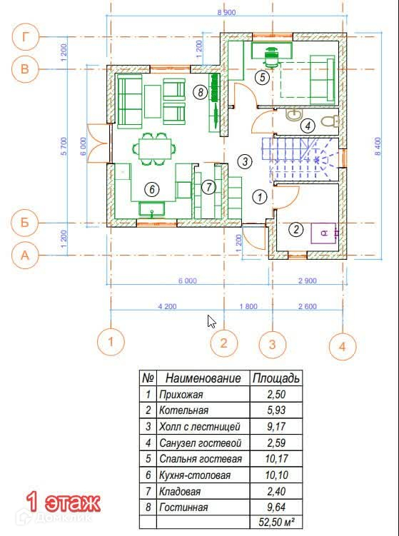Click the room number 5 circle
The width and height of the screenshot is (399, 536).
[x=262, y=77]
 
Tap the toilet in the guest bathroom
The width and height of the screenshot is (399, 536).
[x=330, y=121]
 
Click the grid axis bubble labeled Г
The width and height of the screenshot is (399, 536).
[x=25, y=36]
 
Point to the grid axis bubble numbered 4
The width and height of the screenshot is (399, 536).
[x=343, y=347]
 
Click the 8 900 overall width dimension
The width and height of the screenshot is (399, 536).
[x=226, y=13]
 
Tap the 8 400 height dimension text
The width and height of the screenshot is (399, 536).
[x=378, y=146]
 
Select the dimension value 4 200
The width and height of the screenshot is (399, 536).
[x=167, y=306]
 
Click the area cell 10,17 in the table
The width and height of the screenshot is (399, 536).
[x=276, y=459]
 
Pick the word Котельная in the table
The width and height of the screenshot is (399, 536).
[x=183, y=410]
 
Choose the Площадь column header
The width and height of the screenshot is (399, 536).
[x=276, y=378]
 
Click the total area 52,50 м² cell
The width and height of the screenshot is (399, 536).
[x=277, y=522]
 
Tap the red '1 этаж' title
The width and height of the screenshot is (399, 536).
[x=64, y=502]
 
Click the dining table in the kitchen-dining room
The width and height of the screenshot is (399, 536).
[x=155, y=148]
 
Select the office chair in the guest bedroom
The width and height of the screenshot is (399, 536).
[x=271, y=57]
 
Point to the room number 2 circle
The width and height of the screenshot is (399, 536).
[x=296, y=229]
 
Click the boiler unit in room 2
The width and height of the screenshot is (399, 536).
[x=323, y=233]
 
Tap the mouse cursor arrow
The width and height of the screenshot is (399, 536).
[x=212, y=322]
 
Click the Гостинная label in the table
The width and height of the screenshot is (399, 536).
[x=183, y=507]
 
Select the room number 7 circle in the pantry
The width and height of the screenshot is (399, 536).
[x=208, y=187]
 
